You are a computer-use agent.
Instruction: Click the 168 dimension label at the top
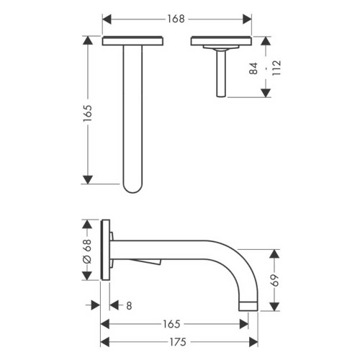click(176, 17)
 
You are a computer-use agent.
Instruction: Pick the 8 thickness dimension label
click(128, 306)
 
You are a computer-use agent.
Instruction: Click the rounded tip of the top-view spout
click(133, 189)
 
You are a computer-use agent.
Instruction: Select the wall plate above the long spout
click(133, 41)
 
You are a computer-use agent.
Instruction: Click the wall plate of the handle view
click(221, 41)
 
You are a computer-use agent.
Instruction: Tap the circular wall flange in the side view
click(107, 248)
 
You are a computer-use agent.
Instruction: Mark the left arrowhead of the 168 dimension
click(105, 18)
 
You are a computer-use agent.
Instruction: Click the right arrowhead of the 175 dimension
click(246, 341)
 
